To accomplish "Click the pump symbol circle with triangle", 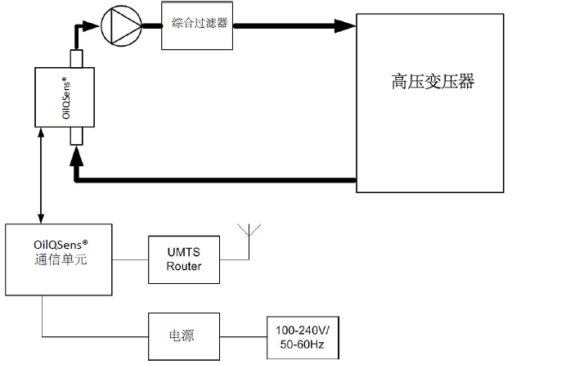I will tap(120, 26).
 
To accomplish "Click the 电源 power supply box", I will tap(184, 336).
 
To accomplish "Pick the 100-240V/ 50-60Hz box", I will tap(302, 337).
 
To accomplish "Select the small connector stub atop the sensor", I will tap(77, 59).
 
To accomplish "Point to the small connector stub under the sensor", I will tap(77, 136).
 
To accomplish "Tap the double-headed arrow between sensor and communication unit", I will tap(41, 175).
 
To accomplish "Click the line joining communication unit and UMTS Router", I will tap(131, 260).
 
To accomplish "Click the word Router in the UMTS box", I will tap(184, 267).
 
